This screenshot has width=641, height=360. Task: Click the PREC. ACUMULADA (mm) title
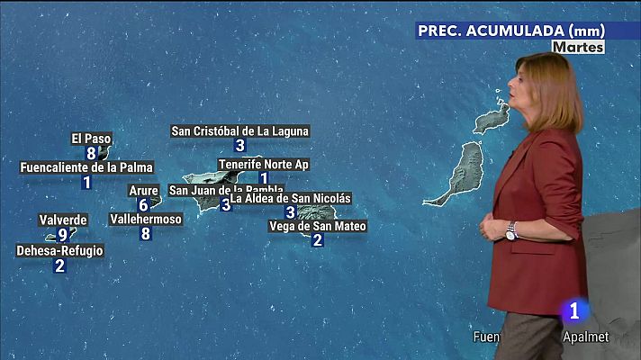510,30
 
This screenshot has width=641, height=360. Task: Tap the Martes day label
578,47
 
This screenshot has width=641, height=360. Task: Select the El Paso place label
91,139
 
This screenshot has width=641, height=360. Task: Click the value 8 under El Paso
91,153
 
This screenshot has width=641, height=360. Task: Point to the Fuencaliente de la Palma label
86,167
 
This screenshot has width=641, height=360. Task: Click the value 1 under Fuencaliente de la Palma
86,183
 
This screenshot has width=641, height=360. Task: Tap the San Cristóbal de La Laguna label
239,130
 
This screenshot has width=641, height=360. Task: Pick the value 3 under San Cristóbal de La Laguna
239,146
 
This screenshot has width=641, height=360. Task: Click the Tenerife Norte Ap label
264,164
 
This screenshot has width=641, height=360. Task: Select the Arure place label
143,190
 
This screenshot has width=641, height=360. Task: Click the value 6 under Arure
143,205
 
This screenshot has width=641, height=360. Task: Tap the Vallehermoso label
146,219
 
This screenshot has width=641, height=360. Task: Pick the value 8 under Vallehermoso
146,234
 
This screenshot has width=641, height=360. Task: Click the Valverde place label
63,220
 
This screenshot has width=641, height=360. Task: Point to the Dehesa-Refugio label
59,250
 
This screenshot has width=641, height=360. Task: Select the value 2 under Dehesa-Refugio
59,265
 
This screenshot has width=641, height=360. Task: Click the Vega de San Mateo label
318,226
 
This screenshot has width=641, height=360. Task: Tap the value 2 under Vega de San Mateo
317,241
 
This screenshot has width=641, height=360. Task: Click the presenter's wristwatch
511,231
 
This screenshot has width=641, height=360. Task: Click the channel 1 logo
573,310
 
